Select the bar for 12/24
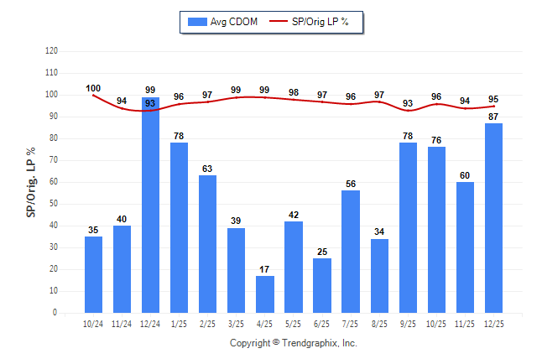click(151, 205)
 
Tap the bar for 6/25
click(322, 285)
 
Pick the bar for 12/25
click(493, 218)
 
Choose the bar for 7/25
click(351, 252)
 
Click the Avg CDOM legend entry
click(217, 22)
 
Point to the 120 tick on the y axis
click(51, 51)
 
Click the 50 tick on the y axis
click(53, 204)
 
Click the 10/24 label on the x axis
click(93, 323)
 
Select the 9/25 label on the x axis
click(408, 323)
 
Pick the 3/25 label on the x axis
click(237, 323)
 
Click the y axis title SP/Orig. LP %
click(31, 182)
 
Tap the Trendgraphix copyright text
click(294, 343)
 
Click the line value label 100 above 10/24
click(93, 88)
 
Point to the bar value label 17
click(265, 269)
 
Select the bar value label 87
click(493, 117)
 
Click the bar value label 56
click(351, 184)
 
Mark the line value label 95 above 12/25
click(493, 99)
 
